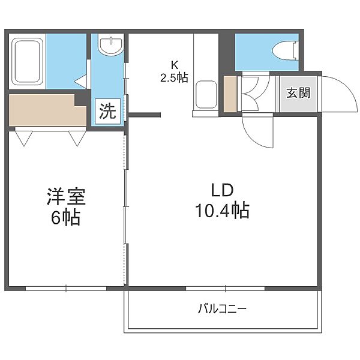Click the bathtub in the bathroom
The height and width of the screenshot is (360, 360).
(28, 62)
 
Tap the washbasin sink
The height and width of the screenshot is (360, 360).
(110, 44)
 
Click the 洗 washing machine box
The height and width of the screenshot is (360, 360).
(107, 112)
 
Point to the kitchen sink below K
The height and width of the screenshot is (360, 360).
(206, 94)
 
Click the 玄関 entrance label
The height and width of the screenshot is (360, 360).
(298, 93)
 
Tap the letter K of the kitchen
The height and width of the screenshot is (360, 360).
(175, 65)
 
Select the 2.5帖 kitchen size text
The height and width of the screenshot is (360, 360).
(174, 77)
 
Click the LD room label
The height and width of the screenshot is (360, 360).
(222, 191)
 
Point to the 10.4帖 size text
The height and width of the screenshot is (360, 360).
(222, 210)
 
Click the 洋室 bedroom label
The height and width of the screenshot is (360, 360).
(66, 197)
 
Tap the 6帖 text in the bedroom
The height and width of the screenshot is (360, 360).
(65, 217)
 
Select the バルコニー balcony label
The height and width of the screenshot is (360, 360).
(222, 309)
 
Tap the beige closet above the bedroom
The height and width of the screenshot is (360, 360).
(47, 110)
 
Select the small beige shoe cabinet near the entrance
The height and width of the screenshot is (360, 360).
(230, 94)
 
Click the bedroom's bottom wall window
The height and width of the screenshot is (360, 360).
(66, 289)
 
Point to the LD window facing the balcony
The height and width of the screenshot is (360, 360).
(225, 289)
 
